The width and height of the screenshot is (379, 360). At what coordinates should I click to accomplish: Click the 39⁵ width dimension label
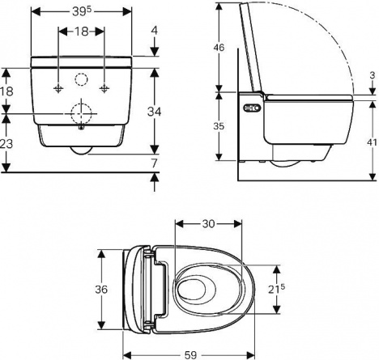pyautogui.click(x=82, y=11)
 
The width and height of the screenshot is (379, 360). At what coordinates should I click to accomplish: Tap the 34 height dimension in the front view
pyautogui.click(x=154, y=112)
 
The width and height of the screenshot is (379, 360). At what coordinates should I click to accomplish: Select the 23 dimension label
pyautogui.click(x=6, y=144)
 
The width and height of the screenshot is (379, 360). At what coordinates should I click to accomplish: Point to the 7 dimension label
pyautogui.click(x=154, y=163)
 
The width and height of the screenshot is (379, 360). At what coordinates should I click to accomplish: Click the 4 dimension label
pyautogui.click(x=154, y=31)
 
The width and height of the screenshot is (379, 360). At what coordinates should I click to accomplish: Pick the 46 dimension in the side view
pyautogui.click(x=219, y=48)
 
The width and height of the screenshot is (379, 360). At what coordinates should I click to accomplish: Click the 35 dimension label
pyautogui.click(x=219, y=126)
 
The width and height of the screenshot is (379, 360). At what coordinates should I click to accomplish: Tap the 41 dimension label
pyautogui.click(x=372, y=142)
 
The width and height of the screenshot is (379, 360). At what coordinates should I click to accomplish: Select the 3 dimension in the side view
pyautogui.click(x=373, y=75)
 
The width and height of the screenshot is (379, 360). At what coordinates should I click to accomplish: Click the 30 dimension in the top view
pyautogui.click(x=208, y=223)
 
